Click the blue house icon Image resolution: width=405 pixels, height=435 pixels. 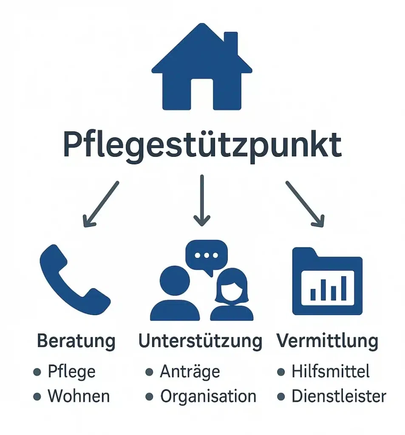202,67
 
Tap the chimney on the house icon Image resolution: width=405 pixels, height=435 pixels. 231,42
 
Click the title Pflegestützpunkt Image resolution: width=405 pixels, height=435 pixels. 202,146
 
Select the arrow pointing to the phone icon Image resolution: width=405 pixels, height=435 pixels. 101,204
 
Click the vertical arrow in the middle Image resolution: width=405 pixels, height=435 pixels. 202,201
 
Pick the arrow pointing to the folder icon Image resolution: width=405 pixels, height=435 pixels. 305,204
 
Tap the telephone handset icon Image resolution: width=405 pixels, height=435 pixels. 75,280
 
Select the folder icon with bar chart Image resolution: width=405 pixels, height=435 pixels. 327,281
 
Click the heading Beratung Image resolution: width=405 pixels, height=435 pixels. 76,341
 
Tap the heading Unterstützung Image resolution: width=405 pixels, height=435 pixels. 201,341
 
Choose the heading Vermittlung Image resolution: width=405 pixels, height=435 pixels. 328,341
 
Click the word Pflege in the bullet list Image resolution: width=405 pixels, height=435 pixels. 72,372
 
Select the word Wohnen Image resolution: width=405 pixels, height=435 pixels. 79,396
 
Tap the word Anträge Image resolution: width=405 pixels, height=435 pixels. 190,371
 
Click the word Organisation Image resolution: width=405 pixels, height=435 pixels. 208,396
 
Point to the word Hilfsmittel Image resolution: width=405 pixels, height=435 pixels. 331,371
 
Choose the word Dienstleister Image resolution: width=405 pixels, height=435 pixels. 339,396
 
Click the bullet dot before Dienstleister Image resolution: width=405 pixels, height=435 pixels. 281,397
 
